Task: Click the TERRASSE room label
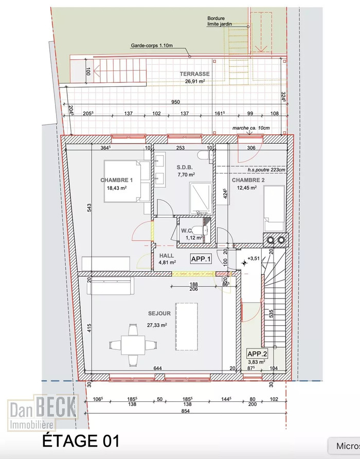(194, 74)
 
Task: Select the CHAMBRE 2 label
(248, 180)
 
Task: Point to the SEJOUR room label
(159, 313)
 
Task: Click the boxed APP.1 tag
(201, 259)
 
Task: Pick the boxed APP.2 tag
(257, 354)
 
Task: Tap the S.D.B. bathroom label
(185, 167)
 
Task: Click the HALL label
(167, 256)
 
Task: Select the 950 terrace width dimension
(175, 102)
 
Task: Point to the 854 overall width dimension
(185, 411)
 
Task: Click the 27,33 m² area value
(157, 325)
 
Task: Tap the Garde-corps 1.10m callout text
(152, 45)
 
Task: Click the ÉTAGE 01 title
(81, 441)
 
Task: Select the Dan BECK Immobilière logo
(43, 413)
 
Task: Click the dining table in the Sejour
(133, 345)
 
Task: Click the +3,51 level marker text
(254, 258)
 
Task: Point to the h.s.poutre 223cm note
(266, 170)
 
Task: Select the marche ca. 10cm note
(251, 128)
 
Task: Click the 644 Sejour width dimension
(157, 368)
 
